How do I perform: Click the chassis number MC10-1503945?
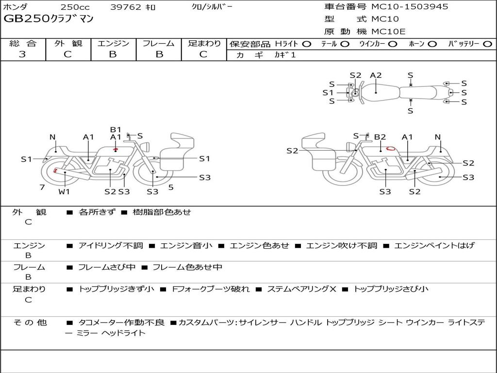pos(410,7)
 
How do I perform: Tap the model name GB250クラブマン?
pos(48,19)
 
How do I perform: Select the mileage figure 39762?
pos(126,7)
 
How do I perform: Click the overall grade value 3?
pos(22,54)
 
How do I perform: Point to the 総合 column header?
pos(23,43)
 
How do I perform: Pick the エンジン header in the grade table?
pos(113,43)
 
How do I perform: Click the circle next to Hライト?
pos(307,44)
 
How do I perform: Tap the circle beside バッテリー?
pos(488,44)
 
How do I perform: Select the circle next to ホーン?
pos(432,44)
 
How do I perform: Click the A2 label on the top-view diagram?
pos(376,75)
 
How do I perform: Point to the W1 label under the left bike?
pos(64,191)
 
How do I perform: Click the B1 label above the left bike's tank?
pos(116,129)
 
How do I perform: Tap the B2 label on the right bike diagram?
pos(380,137)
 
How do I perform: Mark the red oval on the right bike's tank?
pos(391,148)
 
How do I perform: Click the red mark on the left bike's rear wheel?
pos(55,170)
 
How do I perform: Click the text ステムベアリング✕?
pos(301,289)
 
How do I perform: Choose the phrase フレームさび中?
pos(106,268)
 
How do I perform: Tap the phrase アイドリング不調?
pos(111,245)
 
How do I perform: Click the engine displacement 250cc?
pos(75,7)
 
